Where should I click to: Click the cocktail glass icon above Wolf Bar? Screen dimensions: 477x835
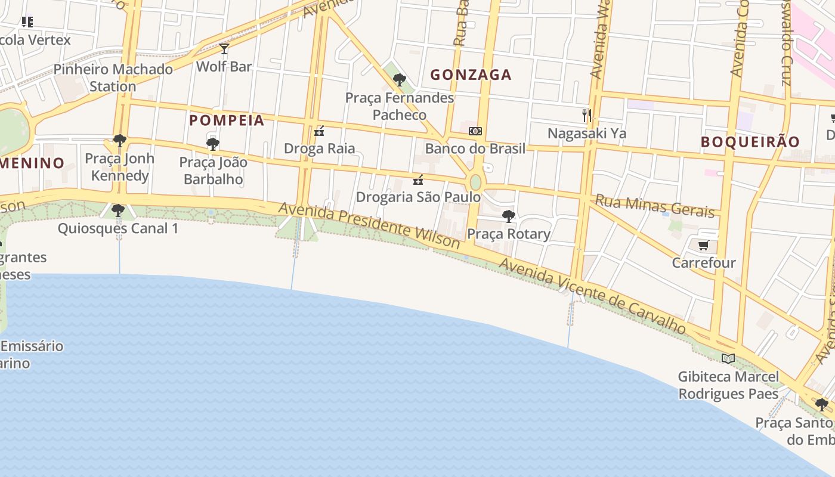click(x=224, y=49)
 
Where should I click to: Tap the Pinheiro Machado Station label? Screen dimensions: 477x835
click(x=113, y=78)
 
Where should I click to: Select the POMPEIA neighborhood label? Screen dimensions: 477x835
click(x=227, y=120)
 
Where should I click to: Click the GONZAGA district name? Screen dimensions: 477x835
click(x=471, y=75)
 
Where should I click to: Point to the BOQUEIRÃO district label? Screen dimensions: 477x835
click(x=750, y=142)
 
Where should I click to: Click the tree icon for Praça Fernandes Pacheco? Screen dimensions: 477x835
click(x=400, y=79)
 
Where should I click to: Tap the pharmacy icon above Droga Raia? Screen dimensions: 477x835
click(x=319, y=131)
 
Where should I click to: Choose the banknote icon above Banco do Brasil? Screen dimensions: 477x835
click(x=475, y=131)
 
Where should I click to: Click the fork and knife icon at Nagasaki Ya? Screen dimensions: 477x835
click(x=587, y=115)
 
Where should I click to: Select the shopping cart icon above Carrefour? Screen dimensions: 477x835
click(x=704, y=245)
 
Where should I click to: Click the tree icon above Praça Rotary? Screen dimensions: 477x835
click(x=509, y=216)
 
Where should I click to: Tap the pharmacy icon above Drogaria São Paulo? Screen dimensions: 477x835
click(x=418, y=179)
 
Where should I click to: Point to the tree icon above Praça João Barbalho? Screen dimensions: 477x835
click(x=212, y=144)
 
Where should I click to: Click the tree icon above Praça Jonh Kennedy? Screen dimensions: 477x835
click(x=119, y=141)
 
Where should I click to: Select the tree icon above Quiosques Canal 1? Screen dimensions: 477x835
click(x=118, y=210)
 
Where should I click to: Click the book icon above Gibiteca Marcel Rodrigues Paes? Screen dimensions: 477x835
click(x=728, y=358)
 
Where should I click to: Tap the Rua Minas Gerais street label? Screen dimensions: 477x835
click(x=655, y=206)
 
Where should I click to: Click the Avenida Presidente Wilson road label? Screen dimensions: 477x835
click(x=369, y=225)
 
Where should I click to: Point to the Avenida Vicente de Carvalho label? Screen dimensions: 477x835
click(x=592, y=295)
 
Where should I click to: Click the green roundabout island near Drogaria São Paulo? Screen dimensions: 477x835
click(x=475, y=182)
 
